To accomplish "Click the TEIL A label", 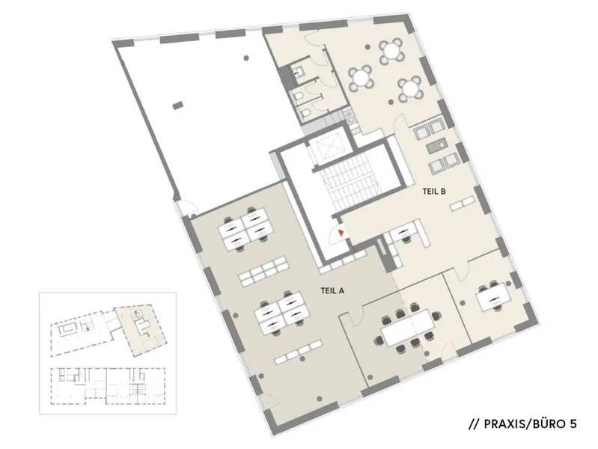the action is (x=332, y=290).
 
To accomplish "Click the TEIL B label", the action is (x=434, y=192).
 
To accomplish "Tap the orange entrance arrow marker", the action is (x=341, y=232).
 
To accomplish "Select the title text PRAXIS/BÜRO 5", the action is (x=530, y=424).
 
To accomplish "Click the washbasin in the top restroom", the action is (x=299, y=71).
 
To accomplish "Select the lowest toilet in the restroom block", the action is (x=305, y=113).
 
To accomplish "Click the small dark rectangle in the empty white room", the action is (x=177, y=106).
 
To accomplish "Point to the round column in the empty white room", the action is (x=246, y=58).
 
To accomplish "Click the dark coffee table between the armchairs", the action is (x=436, y=147).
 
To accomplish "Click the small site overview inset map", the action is (x=108, y=353).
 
